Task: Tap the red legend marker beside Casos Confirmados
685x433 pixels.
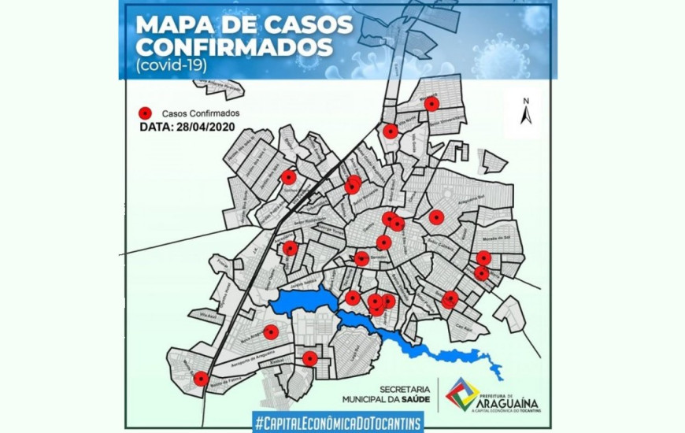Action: [144, 113]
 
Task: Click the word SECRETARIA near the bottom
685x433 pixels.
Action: [405, 389]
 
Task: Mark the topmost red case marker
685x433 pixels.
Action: [431, 103]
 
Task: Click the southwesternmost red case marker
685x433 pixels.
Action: [201, 379]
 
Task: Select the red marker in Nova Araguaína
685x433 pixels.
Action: [270, 332]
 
